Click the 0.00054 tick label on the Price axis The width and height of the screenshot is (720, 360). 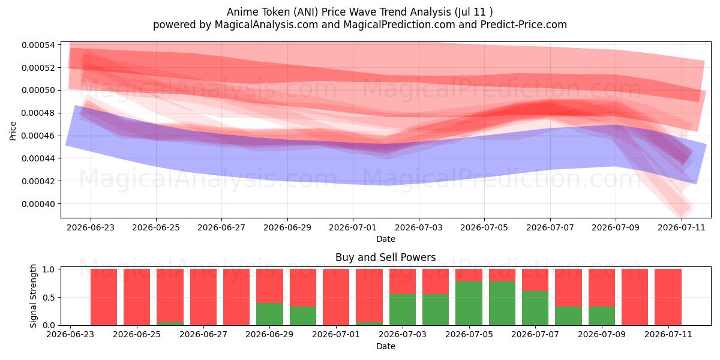pos(38,45)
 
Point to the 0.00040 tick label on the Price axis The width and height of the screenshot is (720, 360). pos(38,204)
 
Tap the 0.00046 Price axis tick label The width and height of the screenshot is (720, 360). pos(38,136)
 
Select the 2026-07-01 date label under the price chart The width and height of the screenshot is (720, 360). pos(353,227)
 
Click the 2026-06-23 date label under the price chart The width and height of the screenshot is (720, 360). pos(91,227)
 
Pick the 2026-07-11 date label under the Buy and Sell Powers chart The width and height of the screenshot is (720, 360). pos(668,335)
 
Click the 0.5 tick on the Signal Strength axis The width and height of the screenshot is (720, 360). pos(49,298)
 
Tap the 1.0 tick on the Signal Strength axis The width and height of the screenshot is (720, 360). pos(49,269)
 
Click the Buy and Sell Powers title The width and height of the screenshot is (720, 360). pos(385,257)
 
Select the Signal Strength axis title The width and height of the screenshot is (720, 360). pos(33,296)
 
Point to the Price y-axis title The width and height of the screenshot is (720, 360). pos(13,131)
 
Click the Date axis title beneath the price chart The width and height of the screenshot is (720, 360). pos(386,239)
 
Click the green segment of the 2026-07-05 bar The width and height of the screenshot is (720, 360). pos(469,304)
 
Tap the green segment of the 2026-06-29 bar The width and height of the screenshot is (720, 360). pos(269,314)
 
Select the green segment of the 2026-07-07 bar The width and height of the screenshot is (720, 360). pos(535,308)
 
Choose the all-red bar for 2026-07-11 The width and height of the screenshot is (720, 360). pos(668,297)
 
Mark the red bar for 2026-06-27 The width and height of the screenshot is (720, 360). pos(203,297)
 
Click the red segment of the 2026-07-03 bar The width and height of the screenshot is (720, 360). pos(403,281)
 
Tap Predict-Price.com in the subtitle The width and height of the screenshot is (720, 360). pos(524,25)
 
